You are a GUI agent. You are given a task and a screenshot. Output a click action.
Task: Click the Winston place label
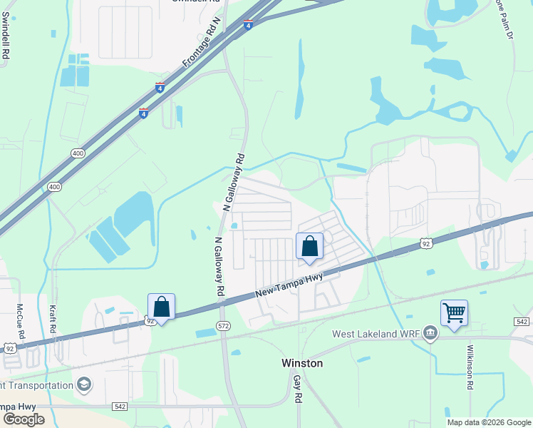[302, 363]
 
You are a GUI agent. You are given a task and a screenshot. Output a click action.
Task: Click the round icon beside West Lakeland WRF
[430, 333]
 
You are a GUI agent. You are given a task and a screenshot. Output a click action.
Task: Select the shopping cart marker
[454, 312]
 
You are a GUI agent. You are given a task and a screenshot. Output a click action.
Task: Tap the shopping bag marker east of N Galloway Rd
[309, 247]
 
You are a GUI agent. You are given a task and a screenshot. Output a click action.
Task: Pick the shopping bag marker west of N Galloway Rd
[162, 307]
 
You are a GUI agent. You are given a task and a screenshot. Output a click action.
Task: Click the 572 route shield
[223, 326]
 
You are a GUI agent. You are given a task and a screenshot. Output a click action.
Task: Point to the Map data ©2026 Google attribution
[488, 422]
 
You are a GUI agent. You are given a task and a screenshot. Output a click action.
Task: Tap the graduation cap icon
[85, 385]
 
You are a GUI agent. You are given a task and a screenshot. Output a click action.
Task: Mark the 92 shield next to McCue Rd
[9, 348]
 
